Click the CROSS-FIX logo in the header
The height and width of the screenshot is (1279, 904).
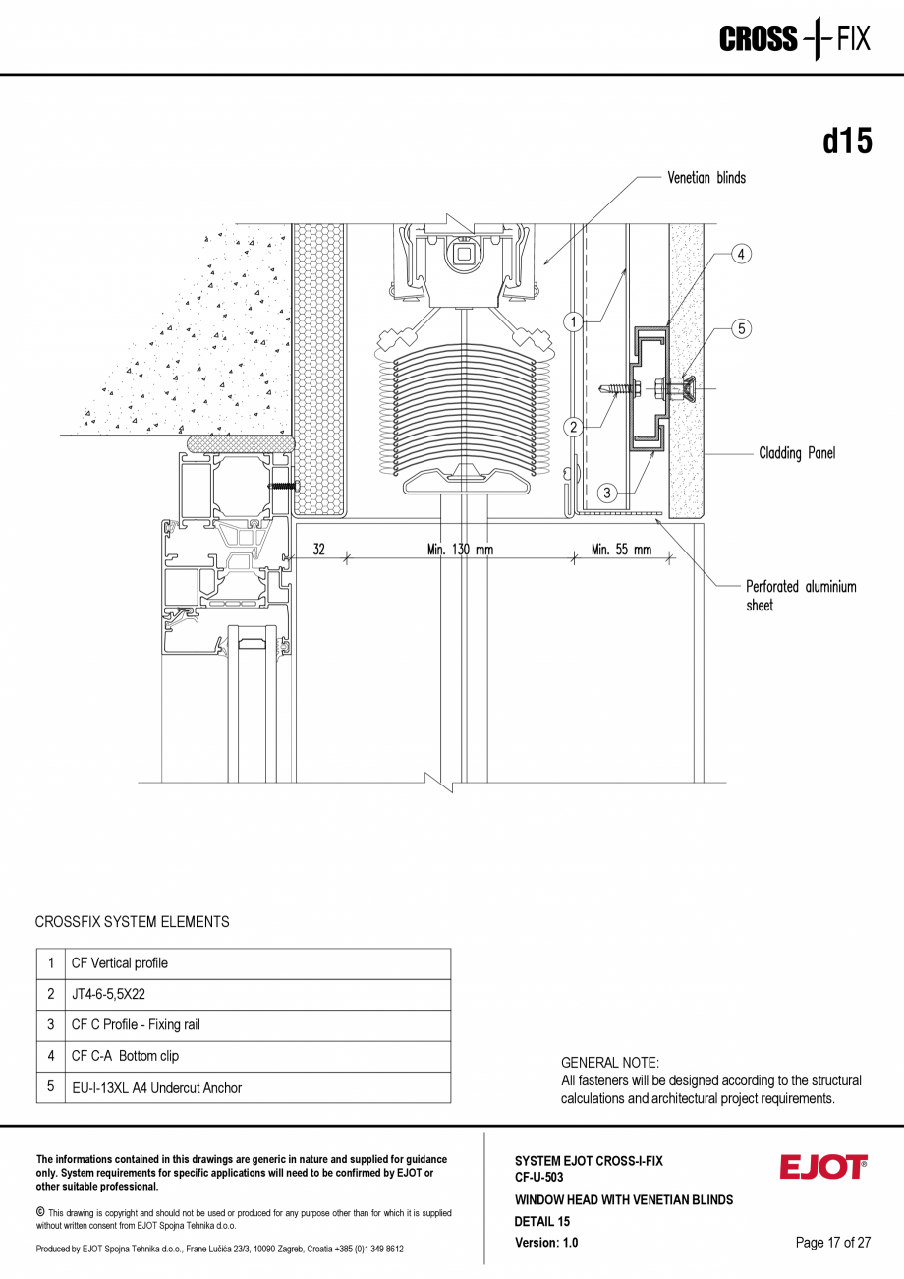click(x=794, y=39)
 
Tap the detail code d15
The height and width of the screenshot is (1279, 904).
click(x=847, y=142)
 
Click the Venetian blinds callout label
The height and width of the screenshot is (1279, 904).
click(x=706, y=178)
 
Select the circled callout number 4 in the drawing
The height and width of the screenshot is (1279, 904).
click(x=741, y=254)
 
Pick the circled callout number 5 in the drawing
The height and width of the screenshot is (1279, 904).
click(x=741, y=329)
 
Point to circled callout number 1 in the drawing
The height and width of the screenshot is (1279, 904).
click(x=573, y=320)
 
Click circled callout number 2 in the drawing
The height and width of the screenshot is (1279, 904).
click(x=573, y=427)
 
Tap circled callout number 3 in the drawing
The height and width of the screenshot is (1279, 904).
click(x=607, y=493)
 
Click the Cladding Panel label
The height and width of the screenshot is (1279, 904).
click(x=796, y=453)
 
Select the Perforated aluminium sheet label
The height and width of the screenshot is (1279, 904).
click(x=800, y=596)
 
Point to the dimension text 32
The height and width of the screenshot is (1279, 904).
click(x=319, y=550)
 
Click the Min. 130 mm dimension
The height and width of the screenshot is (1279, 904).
click(x=460, y=550)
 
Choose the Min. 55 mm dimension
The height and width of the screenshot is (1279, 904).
click(x=621, y=550)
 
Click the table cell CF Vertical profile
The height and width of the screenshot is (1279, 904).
click(x=119, y=963)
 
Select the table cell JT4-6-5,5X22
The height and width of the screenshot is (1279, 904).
click(x=108, y=995)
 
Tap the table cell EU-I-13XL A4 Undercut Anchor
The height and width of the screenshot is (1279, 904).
click(x=156, y=1087)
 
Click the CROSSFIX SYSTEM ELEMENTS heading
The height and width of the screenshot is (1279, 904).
click(x=132, y=922)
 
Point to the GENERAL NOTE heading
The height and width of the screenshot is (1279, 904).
click(x=609, y=1063)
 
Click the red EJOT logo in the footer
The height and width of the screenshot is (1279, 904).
click(x=823, y=1167)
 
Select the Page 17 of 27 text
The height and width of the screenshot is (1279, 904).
click(x=832, y=1243)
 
